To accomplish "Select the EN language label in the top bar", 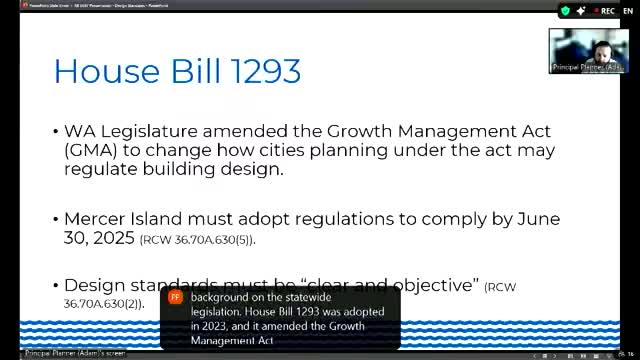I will [627, 10].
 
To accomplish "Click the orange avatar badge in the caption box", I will [175, 298].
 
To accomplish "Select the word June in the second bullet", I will [534, 219].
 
